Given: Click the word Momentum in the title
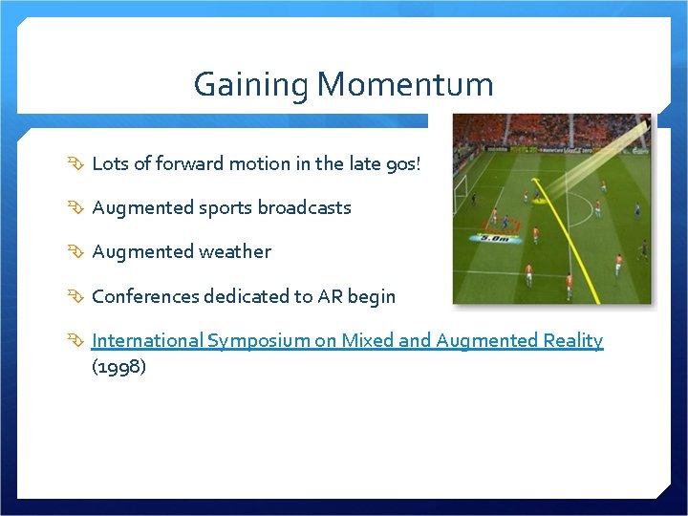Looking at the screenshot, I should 405,85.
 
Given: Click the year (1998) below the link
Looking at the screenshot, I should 118,367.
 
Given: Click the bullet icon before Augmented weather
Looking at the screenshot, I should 77,252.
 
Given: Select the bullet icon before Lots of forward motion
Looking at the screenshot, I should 77,163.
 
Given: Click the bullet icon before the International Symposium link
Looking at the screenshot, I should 77,341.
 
